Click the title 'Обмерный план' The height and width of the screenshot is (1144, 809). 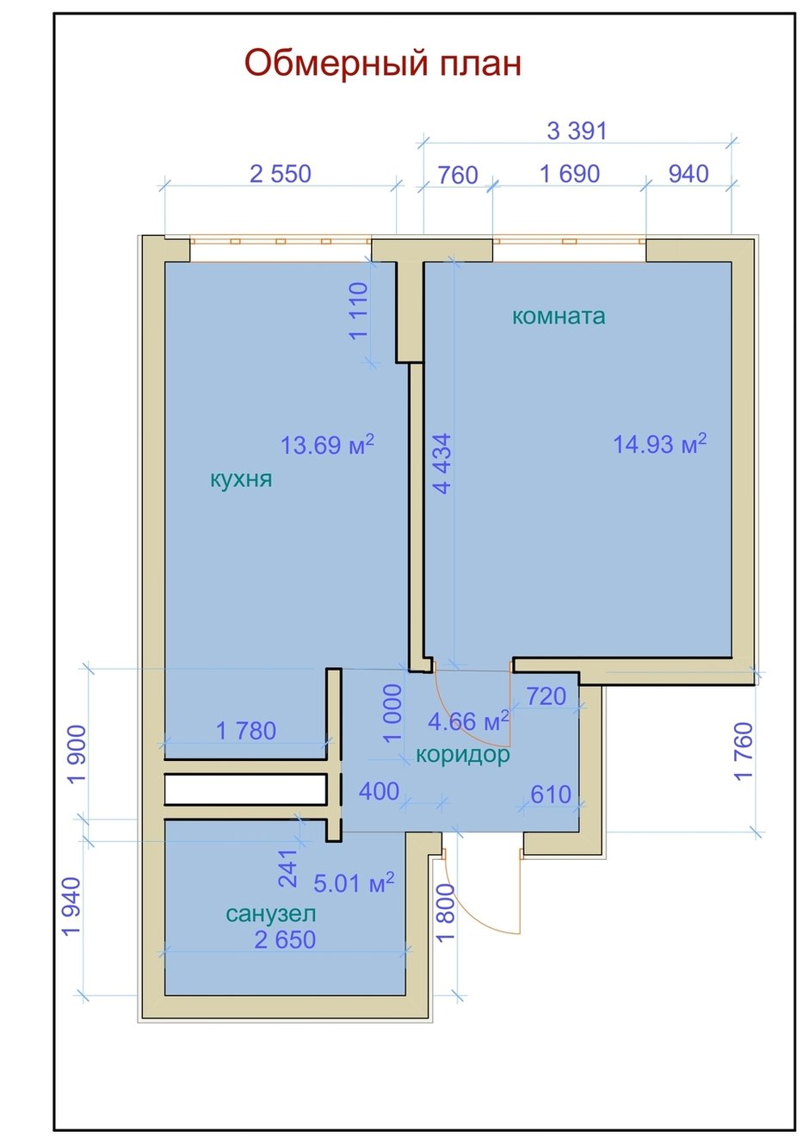coord(382,64)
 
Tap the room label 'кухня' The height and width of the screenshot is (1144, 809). coord(241,479)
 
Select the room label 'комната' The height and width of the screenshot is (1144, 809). coord(559,316)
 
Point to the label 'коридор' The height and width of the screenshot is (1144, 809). coord(463,754)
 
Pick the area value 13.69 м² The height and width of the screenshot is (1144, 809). coord(327,444)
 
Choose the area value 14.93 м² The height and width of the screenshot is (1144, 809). coord(659,443)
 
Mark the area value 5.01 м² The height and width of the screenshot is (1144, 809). coord(354,882)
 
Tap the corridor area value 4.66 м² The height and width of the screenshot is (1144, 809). coord(468,720)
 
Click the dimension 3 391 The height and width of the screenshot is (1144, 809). coord(577,131)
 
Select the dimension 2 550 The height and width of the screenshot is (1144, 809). coord(281,174)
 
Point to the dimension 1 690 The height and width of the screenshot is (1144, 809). coord(570,174)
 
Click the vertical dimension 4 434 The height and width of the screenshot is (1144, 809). coord(442,464)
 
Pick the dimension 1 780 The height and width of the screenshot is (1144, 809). coord(246,731)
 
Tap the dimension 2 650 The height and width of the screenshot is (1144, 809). coord(285,940)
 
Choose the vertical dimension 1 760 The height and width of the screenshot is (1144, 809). coord(744,751)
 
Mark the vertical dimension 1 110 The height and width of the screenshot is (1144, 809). coord(359,311)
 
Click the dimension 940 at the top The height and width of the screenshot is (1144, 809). coord(689,174)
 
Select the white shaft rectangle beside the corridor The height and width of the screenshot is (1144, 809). coord(245,789)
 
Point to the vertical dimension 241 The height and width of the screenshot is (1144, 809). coord(287,869)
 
